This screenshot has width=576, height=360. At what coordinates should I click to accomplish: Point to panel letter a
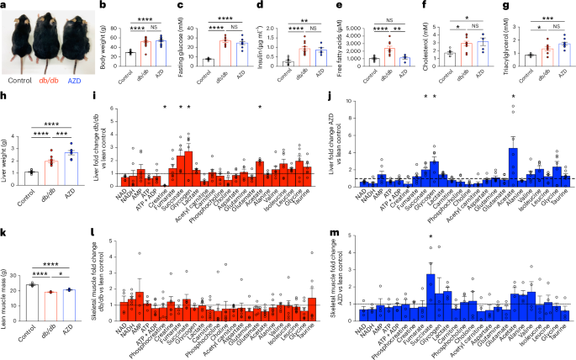click(3, 5)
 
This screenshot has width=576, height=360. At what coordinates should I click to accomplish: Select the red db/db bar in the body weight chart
click(145, 52)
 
